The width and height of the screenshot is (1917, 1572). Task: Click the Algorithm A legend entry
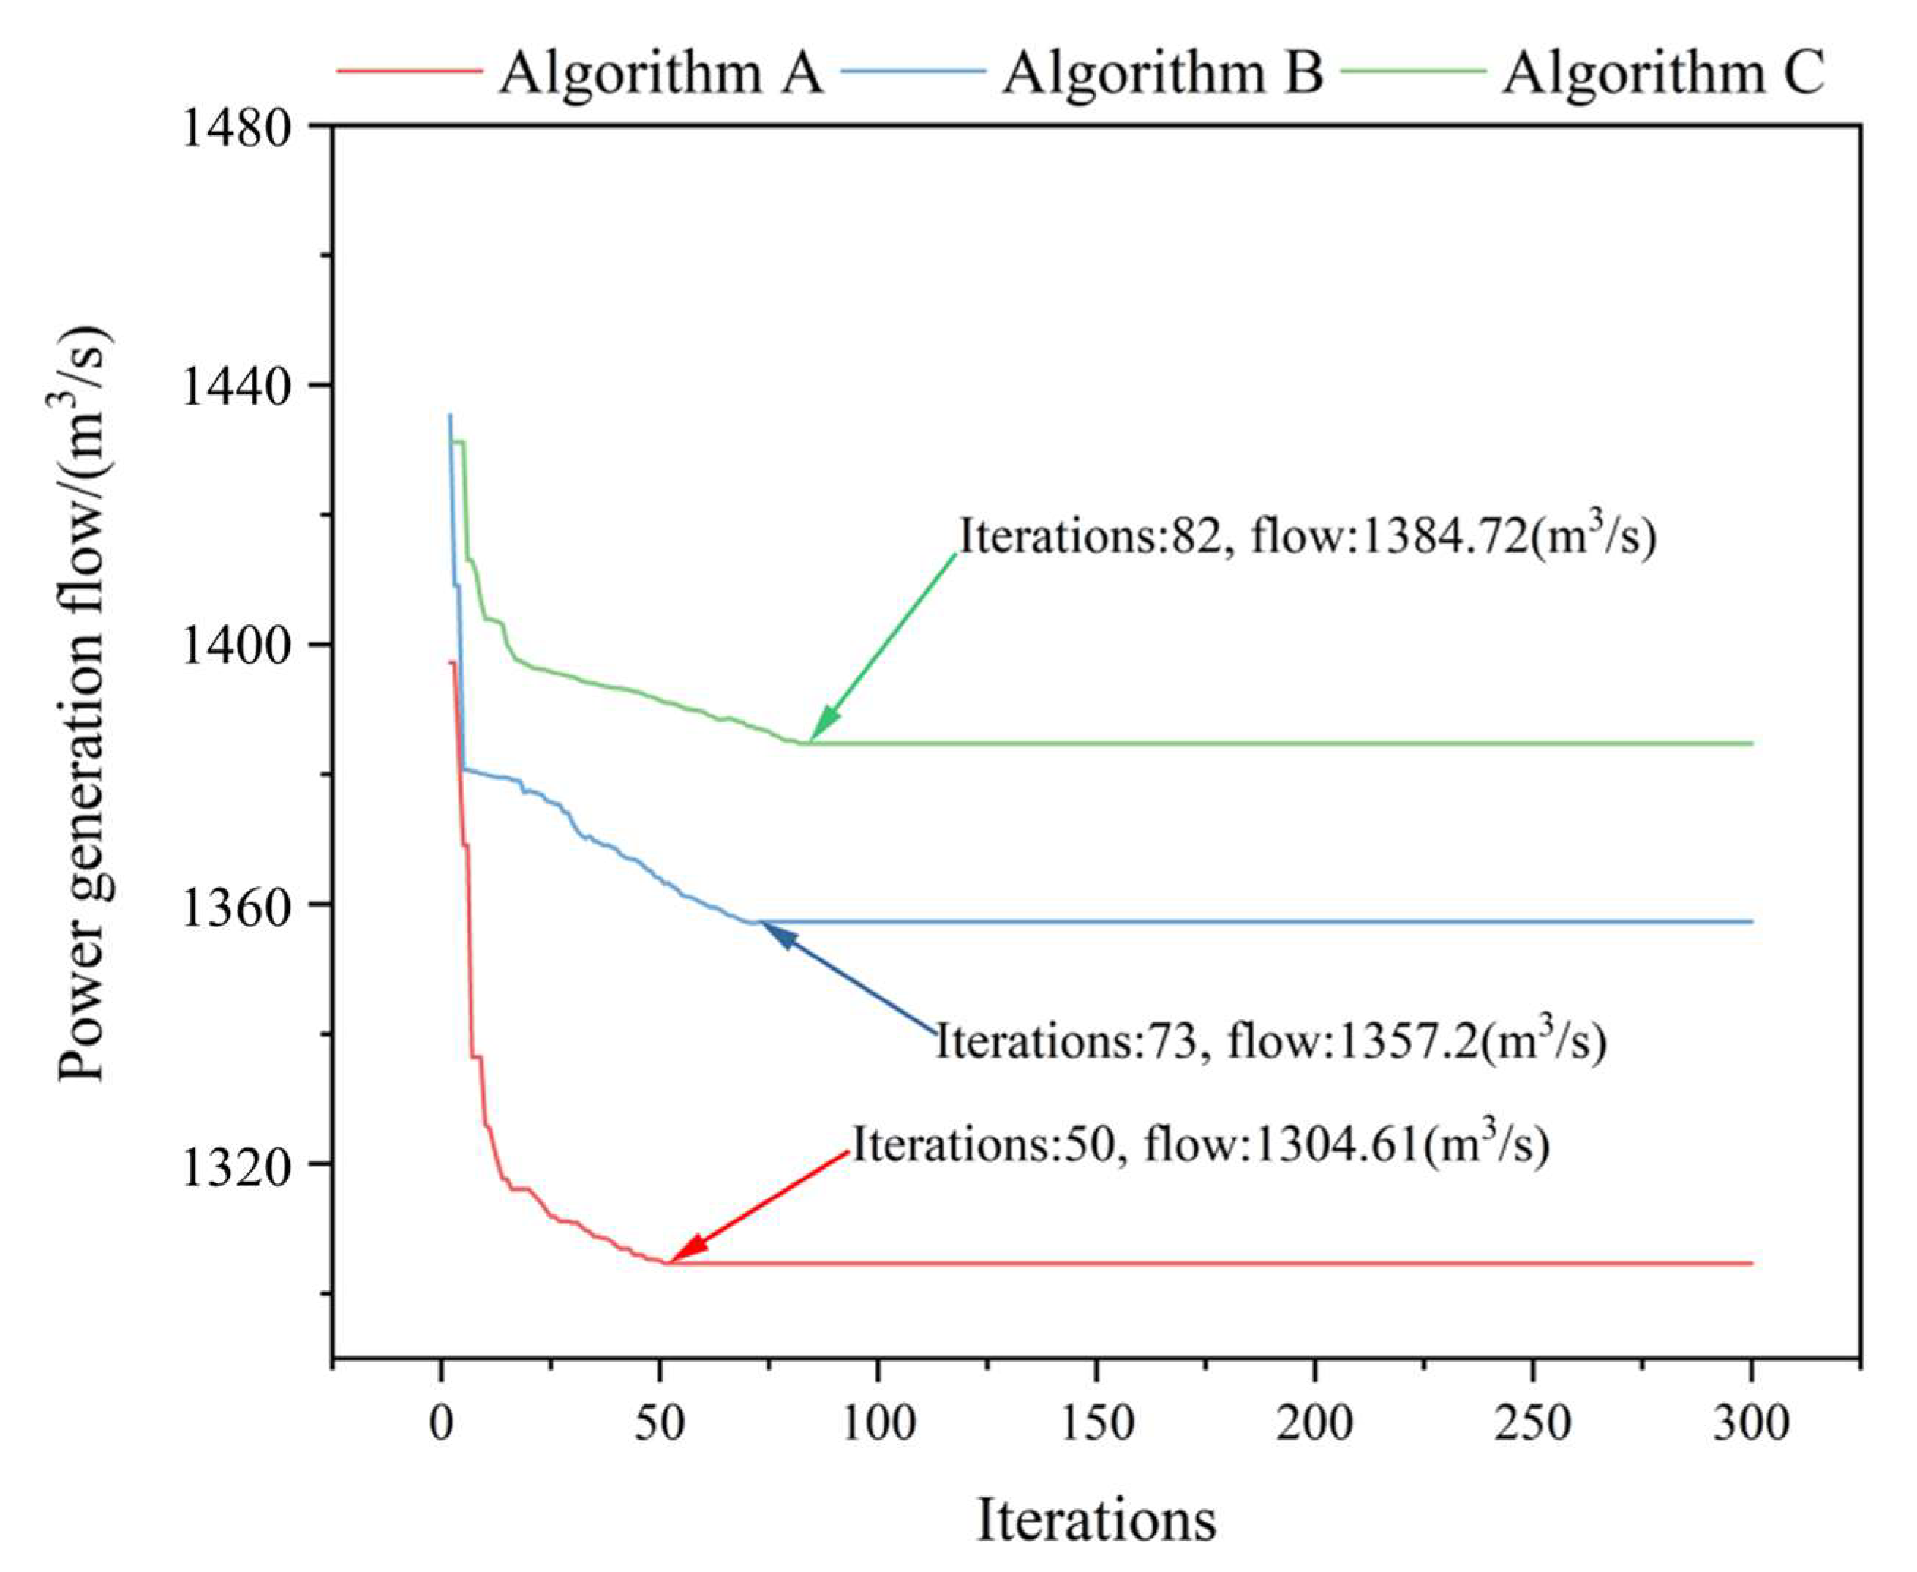tap(660, 72)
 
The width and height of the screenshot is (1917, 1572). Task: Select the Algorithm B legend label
tap(1162, 72)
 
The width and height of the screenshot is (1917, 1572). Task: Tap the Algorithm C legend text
tap(1664, 72)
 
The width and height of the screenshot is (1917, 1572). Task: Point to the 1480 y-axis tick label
tap(239, 127)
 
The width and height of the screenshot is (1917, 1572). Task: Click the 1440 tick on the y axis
tap(239, 386)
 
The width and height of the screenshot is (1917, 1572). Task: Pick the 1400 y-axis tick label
tap(239, 645)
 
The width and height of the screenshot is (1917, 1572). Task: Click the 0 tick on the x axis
tap(441, 1422)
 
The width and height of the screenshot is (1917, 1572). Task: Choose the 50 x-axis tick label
tap(659, 1422)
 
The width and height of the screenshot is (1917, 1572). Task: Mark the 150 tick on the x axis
tap(1096, 1422)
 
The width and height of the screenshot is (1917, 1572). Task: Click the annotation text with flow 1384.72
tap(1308, 536)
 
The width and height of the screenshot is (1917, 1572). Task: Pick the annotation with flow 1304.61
tap(1201, 1144)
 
